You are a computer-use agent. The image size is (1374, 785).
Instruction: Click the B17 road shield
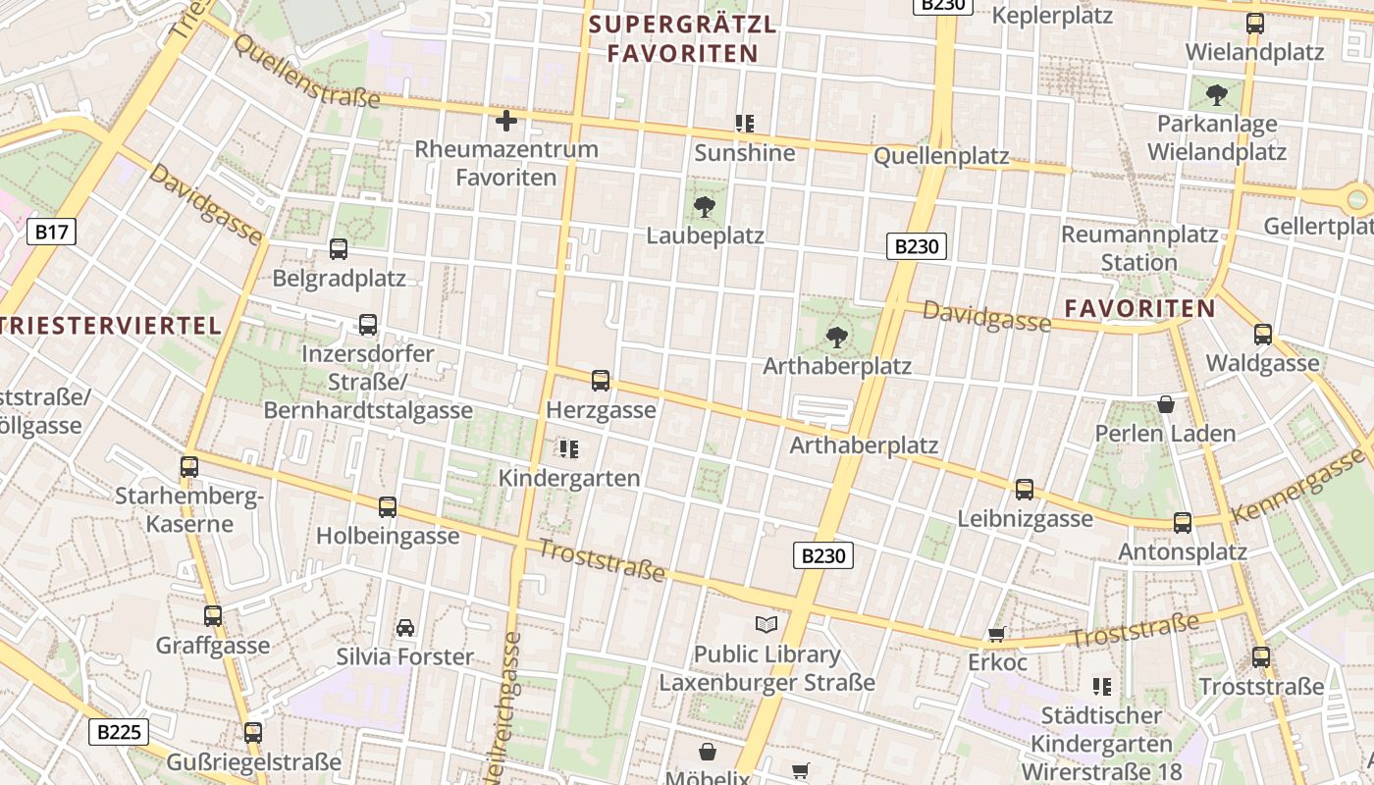pyautogui.click(x=51, y=232)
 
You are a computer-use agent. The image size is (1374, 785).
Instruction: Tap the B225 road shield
pyautogui.click(x=119, y=731)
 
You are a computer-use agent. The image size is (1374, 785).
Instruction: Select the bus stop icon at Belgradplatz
pyautogui.click(x=339, y=249)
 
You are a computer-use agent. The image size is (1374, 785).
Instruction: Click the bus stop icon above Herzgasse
pyautogui.click(x=601, y=381)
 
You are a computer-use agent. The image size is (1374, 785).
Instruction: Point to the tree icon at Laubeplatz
pyautogui.click(x=704, y=207)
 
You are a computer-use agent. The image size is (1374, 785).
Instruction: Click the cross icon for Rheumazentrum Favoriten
pyautogui.click(x=506, y=121)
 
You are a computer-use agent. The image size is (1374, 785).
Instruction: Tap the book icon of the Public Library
pyautogui.click(x=766, y=624)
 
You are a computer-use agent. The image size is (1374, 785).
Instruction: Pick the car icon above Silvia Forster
pyautogui.click(x=404, y=627)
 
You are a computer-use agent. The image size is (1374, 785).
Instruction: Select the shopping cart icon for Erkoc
pyautogui.click(x=997, y=635)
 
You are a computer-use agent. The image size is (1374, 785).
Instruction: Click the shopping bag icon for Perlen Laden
pyautogui.click(x=1166, y=404)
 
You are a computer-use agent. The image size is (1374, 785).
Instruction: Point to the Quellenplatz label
pyautogui.click(x=941, y=155)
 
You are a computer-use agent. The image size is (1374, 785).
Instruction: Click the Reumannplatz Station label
pyautogui.click(x=1138, y=248)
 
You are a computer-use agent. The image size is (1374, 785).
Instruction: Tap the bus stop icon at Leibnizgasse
pyautogui.click(x=1025, y=489)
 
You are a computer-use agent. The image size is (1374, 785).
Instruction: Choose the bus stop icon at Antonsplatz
pyautogui.click(x=1183, y=523)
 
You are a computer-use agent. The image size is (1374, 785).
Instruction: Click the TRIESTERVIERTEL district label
pyautogui.click(x=109, y=326)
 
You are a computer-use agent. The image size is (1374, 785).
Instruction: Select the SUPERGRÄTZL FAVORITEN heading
pyautogui.click(x=683, y=38)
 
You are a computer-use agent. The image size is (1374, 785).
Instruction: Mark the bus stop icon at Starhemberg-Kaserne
pyautogui.click(x=189, y=467)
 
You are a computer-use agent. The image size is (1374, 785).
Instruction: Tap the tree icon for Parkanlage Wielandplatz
pyautogui.click(x=1217, y=95)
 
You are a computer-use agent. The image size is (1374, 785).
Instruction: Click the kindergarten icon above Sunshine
pyautogui.click(x=745, y=123)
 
